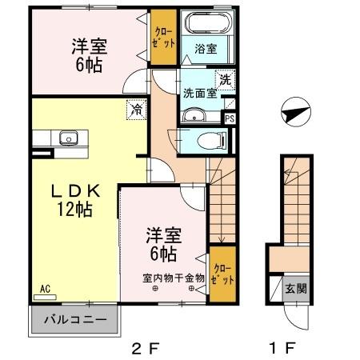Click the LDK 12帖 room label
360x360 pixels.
click(75, 201)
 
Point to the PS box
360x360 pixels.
click(230, 119)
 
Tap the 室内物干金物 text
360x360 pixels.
click(174, 278)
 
